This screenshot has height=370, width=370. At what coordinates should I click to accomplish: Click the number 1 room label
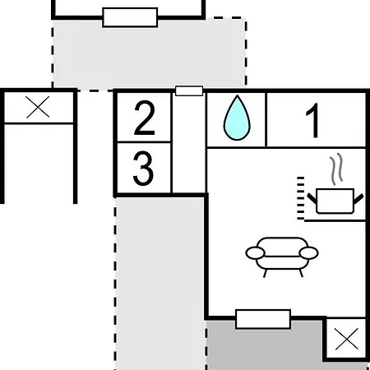(312, 120)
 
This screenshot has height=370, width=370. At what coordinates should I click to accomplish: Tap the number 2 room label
(145, 118)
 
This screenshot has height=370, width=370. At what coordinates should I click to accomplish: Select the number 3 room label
(143, 168)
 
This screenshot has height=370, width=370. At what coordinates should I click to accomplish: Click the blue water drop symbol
(237, 118)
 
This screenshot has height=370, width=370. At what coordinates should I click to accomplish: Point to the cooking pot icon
(335, 201)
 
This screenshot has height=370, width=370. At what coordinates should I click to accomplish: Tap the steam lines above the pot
(336, 169)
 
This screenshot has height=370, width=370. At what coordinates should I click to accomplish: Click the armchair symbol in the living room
(282, 257)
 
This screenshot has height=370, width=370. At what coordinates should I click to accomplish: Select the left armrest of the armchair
(256, 252)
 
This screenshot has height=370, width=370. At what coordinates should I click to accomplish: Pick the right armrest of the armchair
(308, 252)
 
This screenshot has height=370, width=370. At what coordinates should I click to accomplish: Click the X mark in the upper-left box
(38, 107)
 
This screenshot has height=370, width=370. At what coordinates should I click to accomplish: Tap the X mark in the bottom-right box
(347, 339)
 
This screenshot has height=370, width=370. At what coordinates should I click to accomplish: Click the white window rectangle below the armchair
(263, 319)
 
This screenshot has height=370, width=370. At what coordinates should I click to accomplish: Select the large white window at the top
(130, 17)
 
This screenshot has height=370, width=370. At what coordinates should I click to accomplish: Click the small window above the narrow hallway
(189, 90)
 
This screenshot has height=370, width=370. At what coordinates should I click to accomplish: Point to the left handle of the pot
(312, 198)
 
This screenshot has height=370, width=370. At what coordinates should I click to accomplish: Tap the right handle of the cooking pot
(358, 199)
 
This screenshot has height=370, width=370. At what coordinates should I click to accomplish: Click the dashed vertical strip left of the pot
(301, 198)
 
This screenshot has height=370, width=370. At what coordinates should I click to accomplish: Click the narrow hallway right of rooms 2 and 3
(188, 143)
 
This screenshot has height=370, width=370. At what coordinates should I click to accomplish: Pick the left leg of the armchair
(265, 274)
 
